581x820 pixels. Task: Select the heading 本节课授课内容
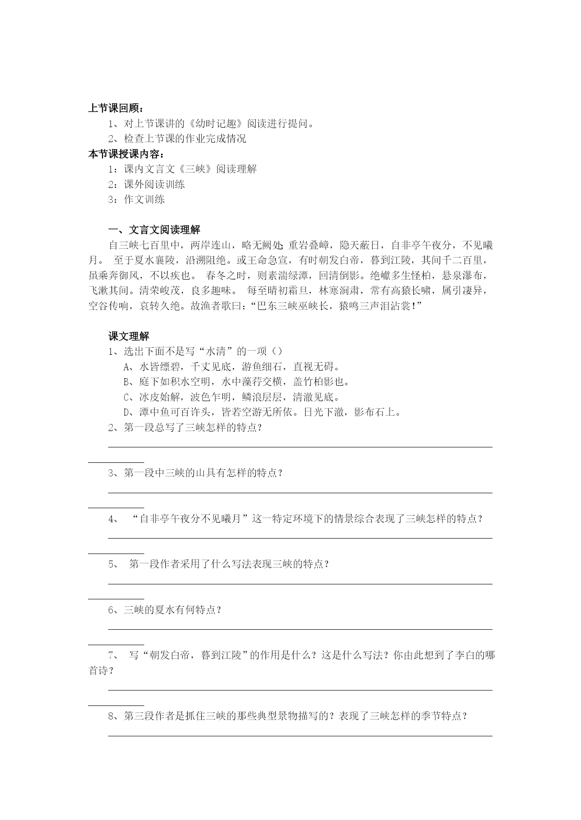126,154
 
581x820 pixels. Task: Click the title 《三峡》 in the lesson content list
196,169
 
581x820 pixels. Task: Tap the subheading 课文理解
129,336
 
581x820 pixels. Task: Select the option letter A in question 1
126,367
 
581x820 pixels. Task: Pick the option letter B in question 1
126,382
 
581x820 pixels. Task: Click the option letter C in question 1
126,397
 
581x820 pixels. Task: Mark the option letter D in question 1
126,412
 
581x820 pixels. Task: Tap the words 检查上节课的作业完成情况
185,139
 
